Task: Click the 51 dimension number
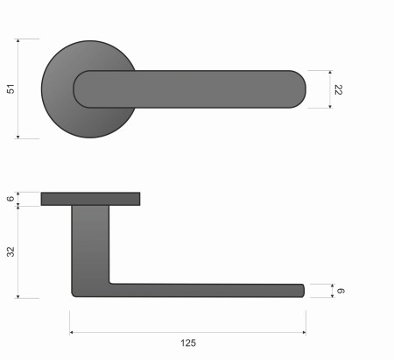pos(11,88)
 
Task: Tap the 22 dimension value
pos(338,88)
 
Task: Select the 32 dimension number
pos(11,251)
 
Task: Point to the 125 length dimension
pos(187,342)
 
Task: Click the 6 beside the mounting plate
pos(11,199)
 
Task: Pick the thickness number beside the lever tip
pos(343,291)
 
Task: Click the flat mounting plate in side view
pos(90,199)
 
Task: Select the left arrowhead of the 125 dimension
pos(72,333)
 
